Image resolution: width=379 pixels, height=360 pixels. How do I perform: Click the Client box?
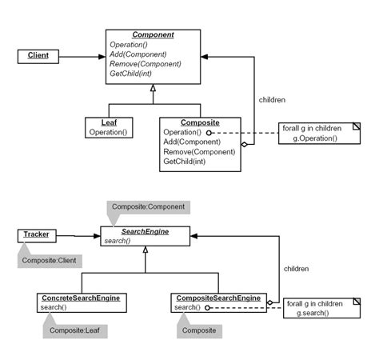38,56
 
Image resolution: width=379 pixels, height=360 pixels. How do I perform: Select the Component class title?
152,35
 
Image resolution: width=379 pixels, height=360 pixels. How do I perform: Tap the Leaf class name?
109,122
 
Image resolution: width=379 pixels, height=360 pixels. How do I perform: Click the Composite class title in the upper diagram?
199,122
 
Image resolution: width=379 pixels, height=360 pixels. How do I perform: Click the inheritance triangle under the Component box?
152,90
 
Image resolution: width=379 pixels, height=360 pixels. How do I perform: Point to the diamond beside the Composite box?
245,145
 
